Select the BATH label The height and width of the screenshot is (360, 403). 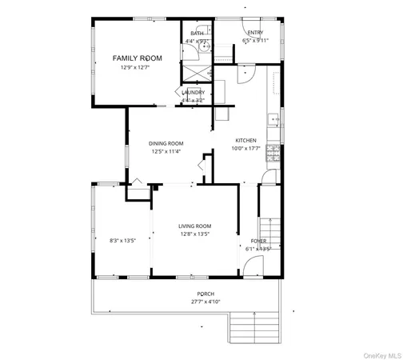(x=197, y=34)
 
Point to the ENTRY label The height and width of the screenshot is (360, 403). (x=255, y=33)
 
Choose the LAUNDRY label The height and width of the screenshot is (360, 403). (x=194, y=93)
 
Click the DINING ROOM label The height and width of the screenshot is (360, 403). (x=166, y=144)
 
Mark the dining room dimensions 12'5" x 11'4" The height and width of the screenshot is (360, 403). (x=166, y=152)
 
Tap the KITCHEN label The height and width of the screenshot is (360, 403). (x=245, y=140)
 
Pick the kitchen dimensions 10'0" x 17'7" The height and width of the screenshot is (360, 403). (x=246, y=148)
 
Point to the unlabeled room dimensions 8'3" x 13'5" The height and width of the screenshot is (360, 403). (x=123, y=239)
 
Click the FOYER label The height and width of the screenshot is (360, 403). (x=259, y=240)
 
